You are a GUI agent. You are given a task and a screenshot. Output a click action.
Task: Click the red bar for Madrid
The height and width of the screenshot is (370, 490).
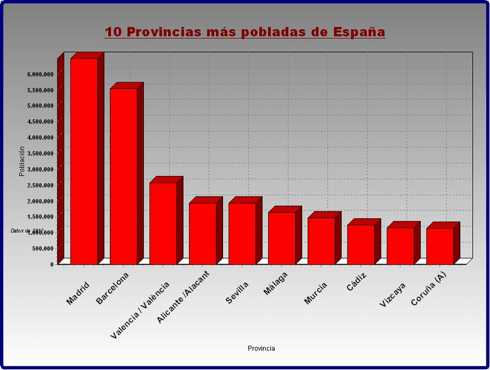click(x=84, y=162)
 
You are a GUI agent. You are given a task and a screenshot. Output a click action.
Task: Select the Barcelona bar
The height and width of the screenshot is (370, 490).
click(x=124, y=176)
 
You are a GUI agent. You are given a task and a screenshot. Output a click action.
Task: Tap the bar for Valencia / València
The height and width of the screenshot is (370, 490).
click(x=163, y=224)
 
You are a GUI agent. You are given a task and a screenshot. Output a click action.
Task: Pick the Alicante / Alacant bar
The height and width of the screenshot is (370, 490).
click(x=202, y=234)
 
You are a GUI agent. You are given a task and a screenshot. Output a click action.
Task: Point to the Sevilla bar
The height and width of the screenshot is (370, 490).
click(x=242, y=234)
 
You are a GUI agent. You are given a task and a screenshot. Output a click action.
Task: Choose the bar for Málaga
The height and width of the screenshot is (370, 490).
click(x=281, y=238)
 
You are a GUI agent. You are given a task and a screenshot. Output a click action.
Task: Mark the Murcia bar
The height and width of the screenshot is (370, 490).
click(x=321, y=241)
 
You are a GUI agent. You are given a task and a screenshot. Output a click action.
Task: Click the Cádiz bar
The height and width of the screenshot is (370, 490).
click(x=361, y=245)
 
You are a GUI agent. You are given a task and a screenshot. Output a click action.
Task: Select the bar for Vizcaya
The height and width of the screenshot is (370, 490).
click(x=400, y=246)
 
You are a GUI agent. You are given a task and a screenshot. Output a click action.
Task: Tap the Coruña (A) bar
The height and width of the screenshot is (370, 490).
click(x=440, y=246)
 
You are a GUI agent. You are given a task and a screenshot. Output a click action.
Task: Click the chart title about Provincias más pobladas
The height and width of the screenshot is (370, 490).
click(x=245, y=32)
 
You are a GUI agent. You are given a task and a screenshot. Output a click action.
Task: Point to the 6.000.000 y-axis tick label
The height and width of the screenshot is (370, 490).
click(x=40, y=74)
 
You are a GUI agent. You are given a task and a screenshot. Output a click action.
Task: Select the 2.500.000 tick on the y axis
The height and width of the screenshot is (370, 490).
click(x=40, y=185)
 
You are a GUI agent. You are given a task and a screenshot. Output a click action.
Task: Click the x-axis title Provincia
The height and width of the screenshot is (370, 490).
click(x=261, y=349)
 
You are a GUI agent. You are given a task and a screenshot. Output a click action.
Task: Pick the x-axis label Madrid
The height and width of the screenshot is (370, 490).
click(x=79, y=293)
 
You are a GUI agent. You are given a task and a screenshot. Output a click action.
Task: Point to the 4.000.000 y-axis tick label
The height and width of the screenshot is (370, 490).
click(x=40, y=138)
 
